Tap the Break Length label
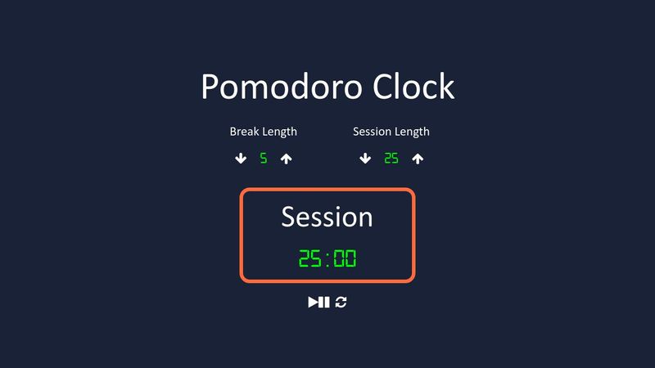click(x=263, y=132)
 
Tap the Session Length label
click(x=391, y=132)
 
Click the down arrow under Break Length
click(x=241, y=159)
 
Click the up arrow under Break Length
click(x=286, y=159)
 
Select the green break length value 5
click(x=264, y=159)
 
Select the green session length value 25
click(x=391, y=159)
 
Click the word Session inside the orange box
click(x=327, y=217)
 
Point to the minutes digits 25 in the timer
click(x=311, y=259)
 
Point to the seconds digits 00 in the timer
click(x=345, y=259)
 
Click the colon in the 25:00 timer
click(x=327, y=260)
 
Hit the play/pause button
click(x=318, y=303)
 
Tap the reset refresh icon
click(x=341, y=303)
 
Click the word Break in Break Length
click(x=244, y=132)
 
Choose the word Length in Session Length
click(x=412, y=132)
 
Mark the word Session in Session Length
click(x=372, y=132)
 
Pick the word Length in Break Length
click(x=279, y=132)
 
